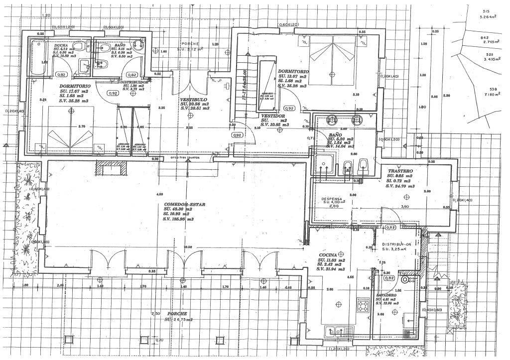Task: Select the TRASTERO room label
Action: coord(400,171)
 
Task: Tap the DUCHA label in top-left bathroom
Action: coord(61,45)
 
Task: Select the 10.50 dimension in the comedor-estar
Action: coord(187,246)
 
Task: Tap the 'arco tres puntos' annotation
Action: coord(184,157)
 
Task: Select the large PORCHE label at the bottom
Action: coord(177,313)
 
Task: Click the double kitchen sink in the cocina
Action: coord(339,330)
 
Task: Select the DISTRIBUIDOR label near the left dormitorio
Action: coord(134,82)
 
